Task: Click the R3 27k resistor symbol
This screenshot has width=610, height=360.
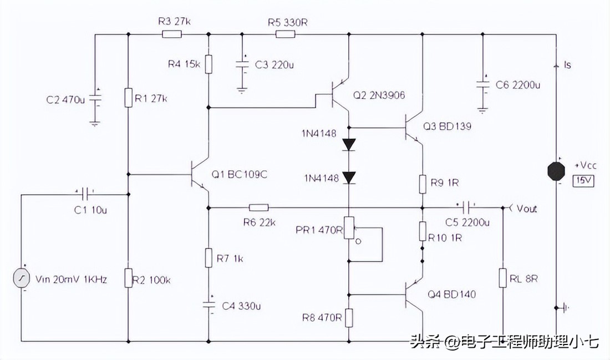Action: click(171, 34)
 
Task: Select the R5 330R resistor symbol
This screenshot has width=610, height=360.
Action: click(285, 34)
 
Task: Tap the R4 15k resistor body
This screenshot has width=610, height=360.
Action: click(209, 64)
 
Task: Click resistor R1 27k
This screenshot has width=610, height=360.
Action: click(128, 98)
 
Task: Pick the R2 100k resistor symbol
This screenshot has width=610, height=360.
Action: click(128, 277)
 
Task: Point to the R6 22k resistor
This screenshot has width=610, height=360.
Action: click(258, 208)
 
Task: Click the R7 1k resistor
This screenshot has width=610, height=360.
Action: click(209, 258)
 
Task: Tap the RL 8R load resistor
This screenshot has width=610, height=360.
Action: click(503, 277)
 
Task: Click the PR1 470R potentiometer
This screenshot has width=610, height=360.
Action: click(348, 228)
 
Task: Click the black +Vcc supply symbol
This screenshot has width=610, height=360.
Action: click(556, 171)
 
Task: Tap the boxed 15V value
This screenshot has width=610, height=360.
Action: click(583, 181)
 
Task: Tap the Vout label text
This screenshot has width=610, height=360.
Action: click(526, 209)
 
